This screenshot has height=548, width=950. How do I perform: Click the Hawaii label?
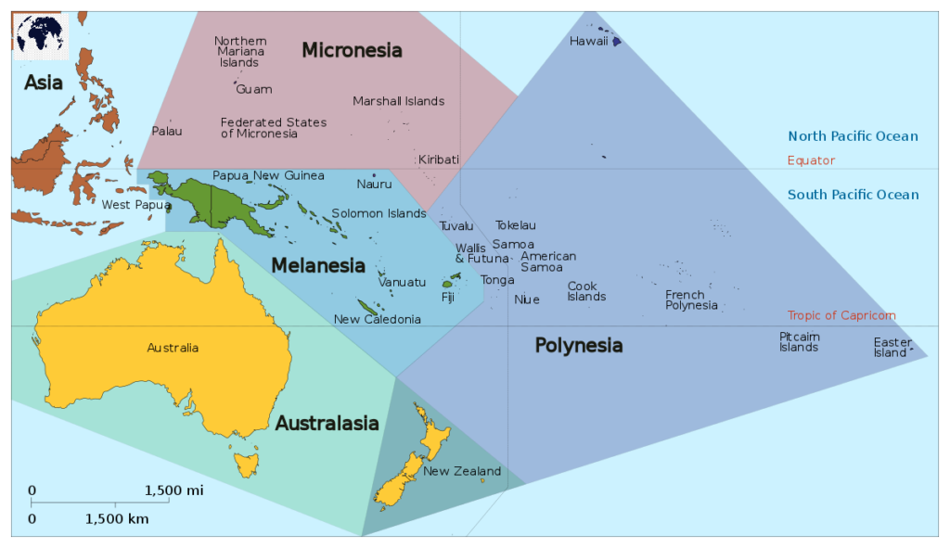588,41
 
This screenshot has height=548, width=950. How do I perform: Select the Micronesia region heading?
352,50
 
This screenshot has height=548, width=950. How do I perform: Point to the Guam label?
254,89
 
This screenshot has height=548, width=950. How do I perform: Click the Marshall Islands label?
398,101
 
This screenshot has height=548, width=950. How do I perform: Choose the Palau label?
167,131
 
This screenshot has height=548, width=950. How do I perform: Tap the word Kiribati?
438,159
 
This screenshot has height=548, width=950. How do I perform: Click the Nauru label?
374,184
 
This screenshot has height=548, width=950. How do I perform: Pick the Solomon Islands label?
379,213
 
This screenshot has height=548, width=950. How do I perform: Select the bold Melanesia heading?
318,266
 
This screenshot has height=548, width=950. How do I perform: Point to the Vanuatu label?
402,282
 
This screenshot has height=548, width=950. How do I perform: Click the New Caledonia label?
377,319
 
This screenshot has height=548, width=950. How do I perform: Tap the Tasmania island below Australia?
247,462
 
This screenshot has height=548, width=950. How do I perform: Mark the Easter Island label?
892,347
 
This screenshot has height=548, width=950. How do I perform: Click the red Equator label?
811,160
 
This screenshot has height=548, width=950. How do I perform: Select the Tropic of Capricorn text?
841,315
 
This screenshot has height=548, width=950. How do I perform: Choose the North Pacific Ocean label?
853,136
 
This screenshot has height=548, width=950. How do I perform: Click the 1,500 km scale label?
116,519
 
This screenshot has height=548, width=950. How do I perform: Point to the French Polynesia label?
691,299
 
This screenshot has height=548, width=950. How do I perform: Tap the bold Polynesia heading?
578,346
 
